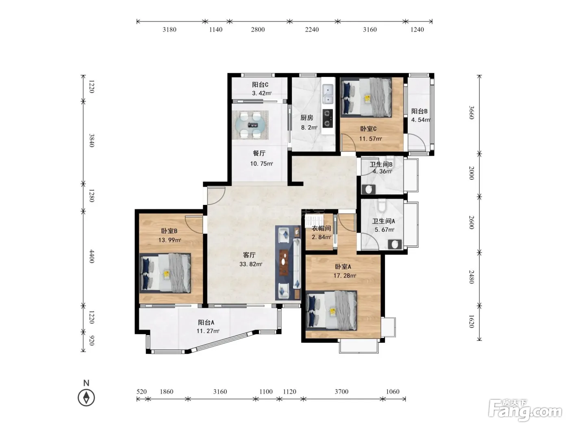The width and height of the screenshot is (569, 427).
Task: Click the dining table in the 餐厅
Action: coord(250,125)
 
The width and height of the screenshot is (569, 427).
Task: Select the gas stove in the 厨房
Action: coord(328,118)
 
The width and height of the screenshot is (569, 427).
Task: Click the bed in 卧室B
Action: coord(165,273)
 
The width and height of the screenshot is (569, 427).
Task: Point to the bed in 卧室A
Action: coord(331,310)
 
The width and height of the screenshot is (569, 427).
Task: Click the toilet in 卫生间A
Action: coord(382,205)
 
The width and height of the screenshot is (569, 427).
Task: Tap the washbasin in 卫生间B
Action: coord(369,189)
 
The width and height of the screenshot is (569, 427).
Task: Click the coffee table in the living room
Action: coord(284,262)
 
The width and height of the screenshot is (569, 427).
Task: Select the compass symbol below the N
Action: coord(86,397)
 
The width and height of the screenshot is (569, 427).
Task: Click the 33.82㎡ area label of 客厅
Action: coord(251,264)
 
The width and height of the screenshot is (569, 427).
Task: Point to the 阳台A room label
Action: coord(206,322)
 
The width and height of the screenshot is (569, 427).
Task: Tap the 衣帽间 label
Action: coord(321,228)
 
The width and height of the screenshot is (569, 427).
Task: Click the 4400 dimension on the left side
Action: coord(92,257)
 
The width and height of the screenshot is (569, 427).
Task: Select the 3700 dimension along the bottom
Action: coord(341,392)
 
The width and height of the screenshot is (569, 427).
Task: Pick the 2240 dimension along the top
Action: coord(312,30)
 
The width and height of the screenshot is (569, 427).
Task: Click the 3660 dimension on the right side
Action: coord(471,113)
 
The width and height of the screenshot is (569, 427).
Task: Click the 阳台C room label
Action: coord(260,85)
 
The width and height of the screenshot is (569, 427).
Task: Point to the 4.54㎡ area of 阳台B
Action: coord(421,120)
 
